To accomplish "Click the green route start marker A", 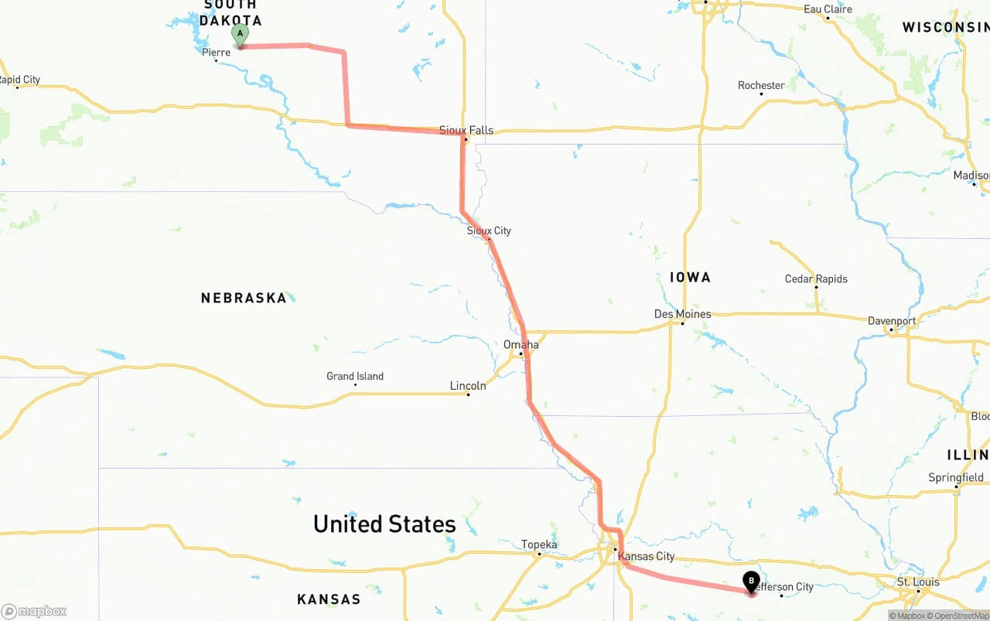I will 240,35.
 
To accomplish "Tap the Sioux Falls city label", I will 466,130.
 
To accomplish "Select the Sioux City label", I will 489,230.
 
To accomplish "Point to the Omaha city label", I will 521,344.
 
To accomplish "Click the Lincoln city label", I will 468,385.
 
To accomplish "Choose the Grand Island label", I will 355,377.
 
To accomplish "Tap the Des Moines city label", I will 682,314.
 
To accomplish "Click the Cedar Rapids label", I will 816,278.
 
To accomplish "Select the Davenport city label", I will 891,321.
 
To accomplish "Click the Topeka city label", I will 539,544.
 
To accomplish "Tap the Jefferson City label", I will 783,587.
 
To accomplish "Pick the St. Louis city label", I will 918,582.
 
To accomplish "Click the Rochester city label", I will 761,85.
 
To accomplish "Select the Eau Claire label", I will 828,9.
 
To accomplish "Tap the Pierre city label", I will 216,53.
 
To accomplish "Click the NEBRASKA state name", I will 244,298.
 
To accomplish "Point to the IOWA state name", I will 690,277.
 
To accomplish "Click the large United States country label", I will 384,524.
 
